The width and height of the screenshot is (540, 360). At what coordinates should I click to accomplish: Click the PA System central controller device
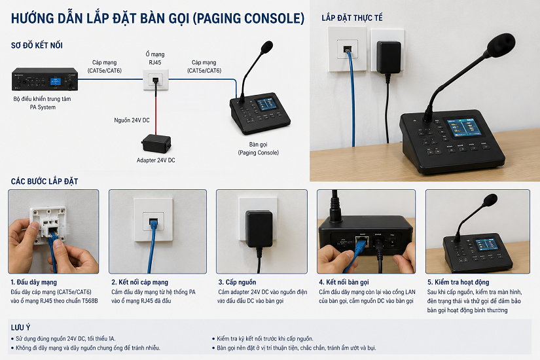45,79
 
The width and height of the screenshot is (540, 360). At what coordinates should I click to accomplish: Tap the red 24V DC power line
156,115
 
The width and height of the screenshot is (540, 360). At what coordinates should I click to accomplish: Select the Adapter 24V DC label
156,160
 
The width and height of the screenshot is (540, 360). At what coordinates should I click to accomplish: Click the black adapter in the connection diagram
156,143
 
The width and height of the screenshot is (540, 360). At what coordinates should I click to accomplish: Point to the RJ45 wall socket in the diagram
156,80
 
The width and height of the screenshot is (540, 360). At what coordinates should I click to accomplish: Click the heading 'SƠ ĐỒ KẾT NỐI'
37,45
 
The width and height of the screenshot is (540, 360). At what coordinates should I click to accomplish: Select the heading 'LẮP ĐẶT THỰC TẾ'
352,18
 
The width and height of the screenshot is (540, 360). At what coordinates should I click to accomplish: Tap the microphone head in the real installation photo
501,45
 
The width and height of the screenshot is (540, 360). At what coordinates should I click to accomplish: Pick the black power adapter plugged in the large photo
389,57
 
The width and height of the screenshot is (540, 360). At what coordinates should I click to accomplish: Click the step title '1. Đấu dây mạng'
34,282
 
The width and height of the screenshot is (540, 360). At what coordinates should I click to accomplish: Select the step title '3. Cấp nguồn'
238,282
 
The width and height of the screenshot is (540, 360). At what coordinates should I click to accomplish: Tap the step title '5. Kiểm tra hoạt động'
458,282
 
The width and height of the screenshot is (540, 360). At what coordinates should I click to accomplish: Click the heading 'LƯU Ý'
20,327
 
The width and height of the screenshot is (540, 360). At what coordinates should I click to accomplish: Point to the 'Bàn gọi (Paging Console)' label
259,149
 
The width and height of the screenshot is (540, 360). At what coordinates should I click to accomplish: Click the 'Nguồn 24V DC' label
132,120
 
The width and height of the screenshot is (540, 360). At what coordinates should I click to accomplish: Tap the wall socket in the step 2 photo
154,219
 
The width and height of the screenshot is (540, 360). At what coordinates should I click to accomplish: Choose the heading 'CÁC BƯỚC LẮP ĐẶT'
45,181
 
